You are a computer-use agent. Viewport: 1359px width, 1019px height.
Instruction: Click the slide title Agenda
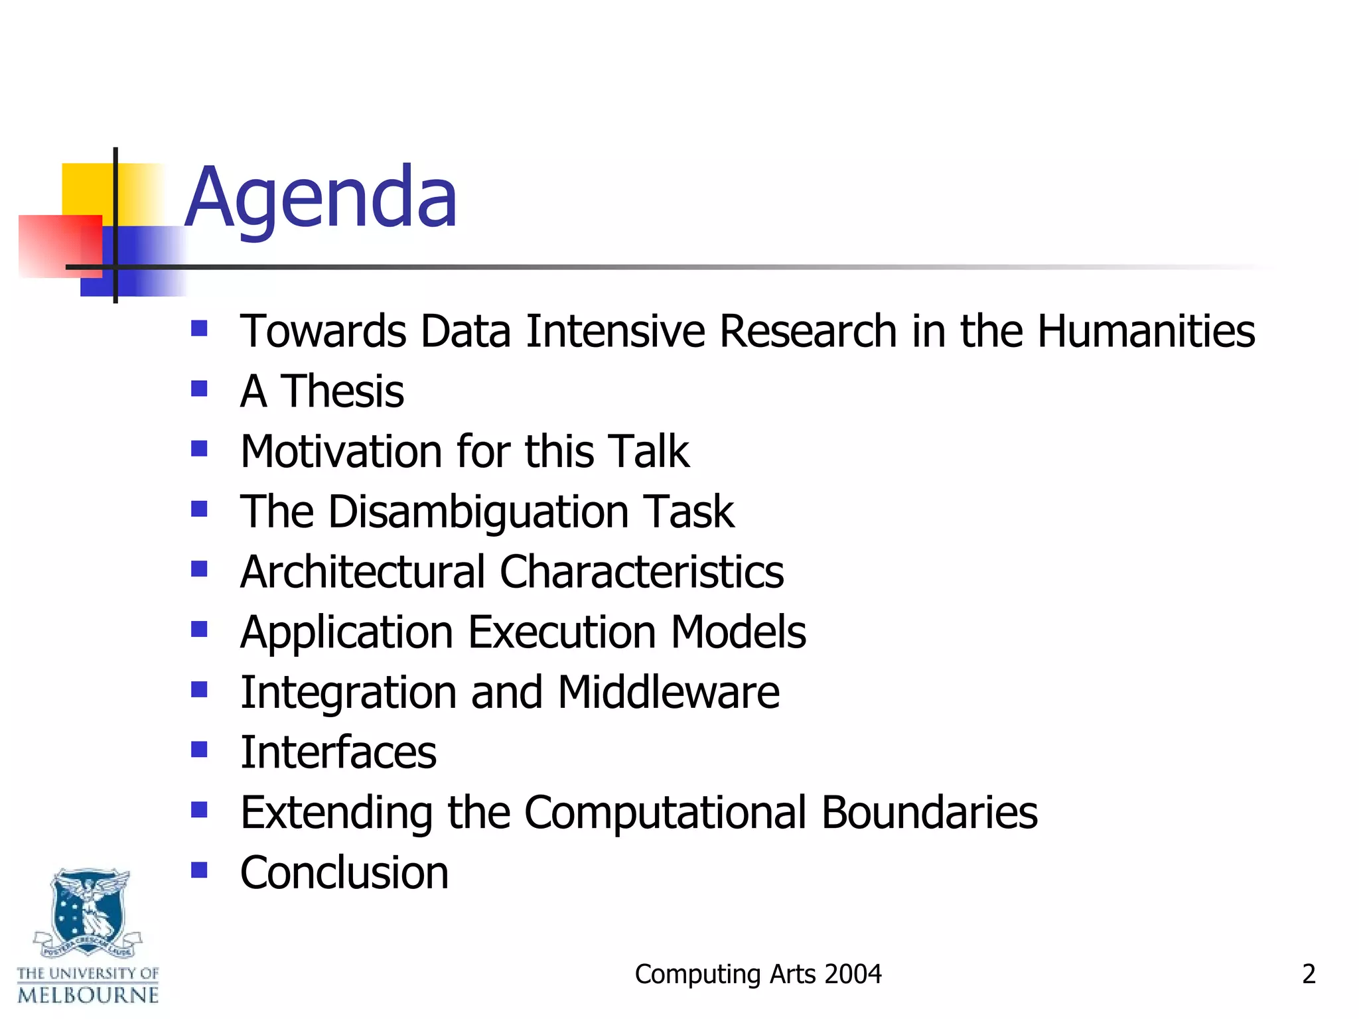pos(321,198)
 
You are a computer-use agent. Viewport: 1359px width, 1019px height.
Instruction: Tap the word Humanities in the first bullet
pos(1146,331)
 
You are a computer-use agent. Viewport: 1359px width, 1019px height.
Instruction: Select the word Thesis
pos(342,391)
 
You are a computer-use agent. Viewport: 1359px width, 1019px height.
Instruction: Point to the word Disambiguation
pos(478,512)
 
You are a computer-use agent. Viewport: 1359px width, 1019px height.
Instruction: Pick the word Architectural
pos(363,572)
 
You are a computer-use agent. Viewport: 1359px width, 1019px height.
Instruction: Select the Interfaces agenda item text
pos(338,753)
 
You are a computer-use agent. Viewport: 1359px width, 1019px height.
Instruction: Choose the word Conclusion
pos(344,873)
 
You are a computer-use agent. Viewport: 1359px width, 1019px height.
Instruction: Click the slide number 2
pos(1309,974)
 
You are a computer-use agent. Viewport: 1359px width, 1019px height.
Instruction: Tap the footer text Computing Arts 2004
pos(758,974)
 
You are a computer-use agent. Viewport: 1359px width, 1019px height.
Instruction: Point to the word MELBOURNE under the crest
pos(88,995)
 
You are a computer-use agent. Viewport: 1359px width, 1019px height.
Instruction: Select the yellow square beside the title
pos(86,189)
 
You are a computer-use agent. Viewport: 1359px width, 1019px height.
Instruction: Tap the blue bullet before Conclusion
pos(199,869)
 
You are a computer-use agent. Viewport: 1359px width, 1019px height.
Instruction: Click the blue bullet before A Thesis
pos(199,388)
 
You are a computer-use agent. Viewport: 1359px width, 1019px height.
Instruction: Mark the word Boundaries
pos(929,813)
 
